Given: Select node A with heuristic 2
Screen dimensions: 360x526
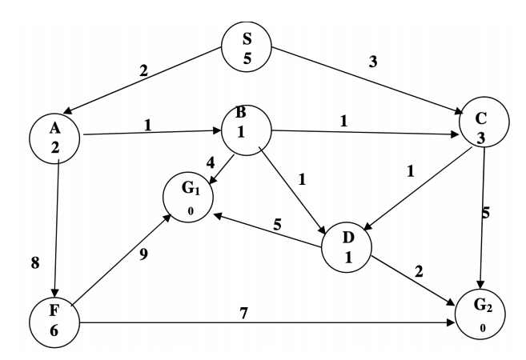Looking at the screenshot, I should (54, 138).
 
